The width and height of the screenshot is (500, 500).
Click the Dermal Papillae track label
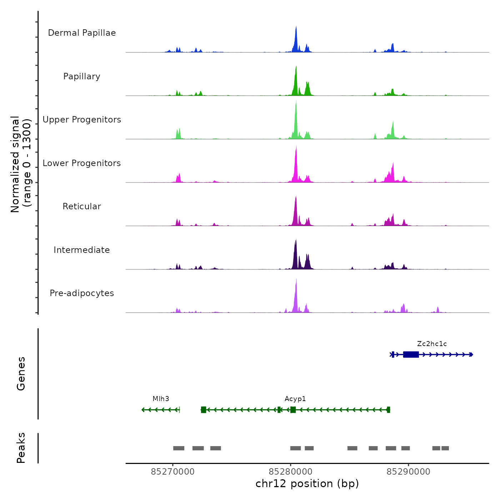[x=82, y=33]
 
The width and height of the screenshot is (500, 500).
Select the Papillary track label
[x=82, y=76]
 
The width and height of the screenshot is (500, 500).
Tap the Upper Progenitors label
[x=82, y=120]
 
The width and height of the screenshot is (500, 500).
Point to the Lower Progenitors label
[x=82, y=163]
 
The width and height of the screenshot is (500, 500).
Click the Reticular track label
[x=82, y=206]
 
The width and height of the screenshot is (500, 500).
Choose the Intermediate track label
[x=82, y=250]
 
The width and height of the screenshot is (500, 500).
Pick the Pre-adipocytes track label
[x=82, y=293]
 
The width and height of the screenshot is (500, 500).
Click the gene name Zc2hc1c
[x=432, y=344]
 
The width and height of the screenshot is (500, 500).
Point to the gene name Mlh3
[x=161, y=399]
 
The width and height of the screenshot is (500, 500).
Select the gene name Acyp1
[x=295, y=399]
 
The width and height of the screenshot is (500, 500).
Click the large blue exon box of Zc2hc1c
[x=411, y=354]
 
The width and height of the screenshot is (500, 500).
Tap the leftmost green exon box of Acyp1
[x=204, y=410]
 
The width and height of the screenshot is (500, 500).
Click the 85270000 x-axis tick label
[x=173, y=472]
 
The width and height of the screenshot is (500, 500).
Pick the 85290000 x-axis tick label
[x=409, y=472]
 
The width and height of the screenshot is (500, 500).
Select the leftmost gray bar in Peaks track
[x=179, y=448]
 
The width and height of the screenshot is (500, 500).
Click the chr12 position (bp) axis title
[x=307, y=484]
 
